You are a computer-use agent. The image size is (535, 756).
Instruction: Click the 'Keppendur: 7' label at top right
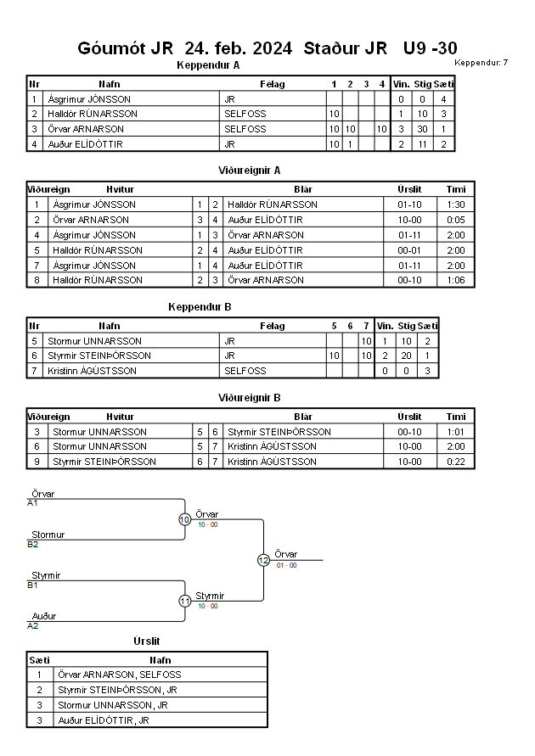tap(481, 62)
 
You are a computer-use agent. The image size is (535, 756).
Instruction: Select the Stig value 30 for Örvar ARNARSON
tap(423, 129)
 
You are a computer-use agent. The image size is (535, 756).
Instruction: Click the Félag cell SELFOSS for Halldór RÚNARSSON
tap(245, 114)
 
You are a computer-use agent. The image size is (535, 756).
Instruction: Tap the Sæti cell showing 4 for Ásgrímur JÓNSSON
tap(443, 99)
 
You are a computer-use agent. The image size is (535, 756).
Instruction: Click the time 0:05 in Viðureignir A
tap(456, 220)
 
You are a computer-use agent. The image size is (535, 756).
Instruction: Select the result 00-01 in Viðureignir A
tap(409, 250)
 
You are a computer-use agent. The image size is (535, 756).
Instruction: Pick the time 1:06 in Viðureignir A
tap(456, 280)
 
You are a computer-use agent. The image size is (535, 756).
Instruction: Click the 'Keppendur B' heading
tap(200, 307)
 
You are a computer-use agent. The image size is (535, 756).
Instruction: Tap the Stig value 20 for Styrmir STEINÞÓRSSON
tap(406, 356)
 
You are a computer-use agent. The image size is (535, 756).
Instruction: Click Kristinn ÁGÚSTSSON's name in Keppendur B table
tap(93, 371)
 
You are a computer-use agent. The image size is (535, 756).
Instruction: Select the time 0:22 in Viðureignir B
tap(456, 462)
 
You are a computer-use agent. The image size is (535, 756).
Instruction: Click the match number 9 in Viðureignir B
tap(37, 462)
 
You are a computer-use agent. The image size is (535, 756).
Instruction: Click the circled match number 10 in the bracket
tap(185, 520)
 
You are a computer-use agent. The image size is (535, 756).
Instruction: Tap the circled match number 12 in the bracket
tap(263, 560)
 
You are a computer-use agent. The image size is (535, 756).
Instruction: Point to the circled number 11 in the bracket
tap(185, 602)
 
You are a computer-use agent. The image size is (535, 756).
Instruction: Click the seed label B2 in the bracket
tap(33, 545)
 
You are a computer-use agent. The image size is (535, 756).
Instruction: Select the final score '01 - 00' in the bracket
tap(286, 565)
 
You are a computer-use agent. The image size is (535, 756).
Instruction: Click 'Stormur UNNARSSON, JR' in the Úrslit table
tap(113, 705)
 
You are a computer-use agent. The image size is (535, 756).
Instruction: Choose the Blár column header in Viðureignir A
tap(303, 189)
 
